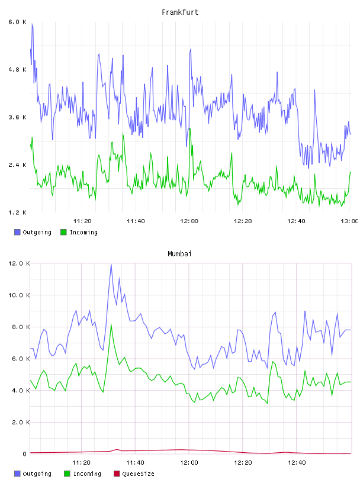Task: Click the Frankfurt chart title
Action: coord(180,12)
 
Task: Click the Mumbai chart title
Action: coord(179,254)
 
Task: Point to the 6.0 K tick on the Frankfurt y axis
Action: coord(18,22)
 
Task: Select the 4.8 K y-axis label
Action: coord(18,70)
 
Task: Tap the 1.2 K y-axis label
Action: coord(18,212)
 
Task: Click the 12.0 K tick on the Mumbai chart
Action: coord(19,263)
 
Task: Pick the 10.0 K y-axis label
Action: coord(19,295)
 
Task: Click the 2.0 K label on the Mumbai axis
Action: coord(21,422)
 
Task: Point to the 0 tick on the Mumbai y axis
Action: coord(25,454)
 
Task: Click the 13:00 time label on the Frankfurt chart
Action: coord(349,221)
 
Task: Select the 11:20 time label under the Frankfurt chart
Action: coord(82,221)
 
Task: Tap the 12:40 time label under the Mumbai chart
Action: coord(297,463)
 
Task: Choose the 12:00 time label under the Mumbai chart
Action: coord(189,463)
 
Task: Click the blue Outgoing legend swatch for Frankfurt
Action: coord(17,232)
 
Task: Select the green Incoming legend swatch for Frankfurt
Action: coord(63,232)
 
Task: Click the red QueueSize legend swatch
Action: coord(117,474)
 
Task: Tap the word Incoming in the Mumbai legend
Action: coord(87,474)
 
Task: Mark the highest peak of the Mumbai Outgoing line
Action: coord(111,265)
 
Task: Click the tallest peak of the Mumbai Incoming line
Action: coord(111,324)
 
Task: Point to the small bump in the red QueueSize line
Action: coord(117,450)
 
